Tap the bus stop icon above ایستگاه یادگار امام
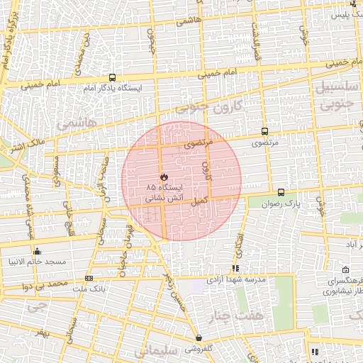(x=112, y=78)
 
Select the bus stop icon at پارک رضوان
(x=281, y=192)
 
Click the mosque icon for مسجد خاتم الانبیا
(x=37, y=251)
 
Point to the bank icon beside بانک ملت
(x=89, y=278)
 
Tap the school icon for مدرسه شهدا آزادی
(x=235, y=268)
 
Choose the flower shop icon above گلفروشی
(x=198, y=338)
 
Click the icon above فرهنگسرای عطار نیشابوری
(x=345, y=270)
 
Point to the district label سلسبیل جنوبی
(x=337, y=96)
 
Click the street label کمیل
(x=199, y=201)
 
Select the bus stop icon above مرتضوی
(x=264, y=131)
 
